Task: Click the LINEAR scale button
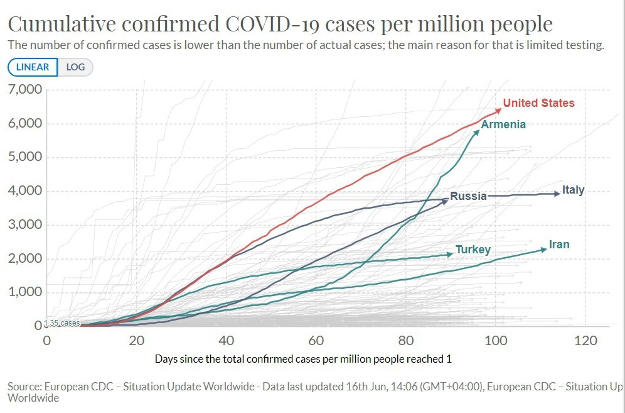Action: point(33,67)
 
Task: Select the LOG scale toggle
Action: point(75,67)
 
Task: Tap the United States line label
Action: point(538,103)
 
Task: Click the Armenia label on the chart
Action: point(503,124)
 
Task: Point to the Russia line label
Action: point(469,196)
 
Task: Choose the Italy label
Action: point(573,190)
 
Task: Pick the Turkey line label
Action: point(473,250)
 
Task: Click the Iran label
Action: point(559,244)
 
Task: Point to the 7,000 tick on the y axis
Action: point(25,89)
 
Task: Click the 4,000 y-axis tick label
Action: point(25,191)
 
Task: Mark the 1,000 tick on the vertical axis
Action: point(25,292)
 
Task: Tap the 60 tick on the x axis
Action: point(316,341)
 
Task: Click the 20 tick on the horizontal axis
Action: point(137,341)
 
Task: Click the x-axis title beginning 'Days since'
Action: point(303,359)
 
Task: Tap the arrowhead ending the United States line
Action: point(499,110)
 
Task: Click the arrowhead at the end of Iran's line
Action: point(545,249)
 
